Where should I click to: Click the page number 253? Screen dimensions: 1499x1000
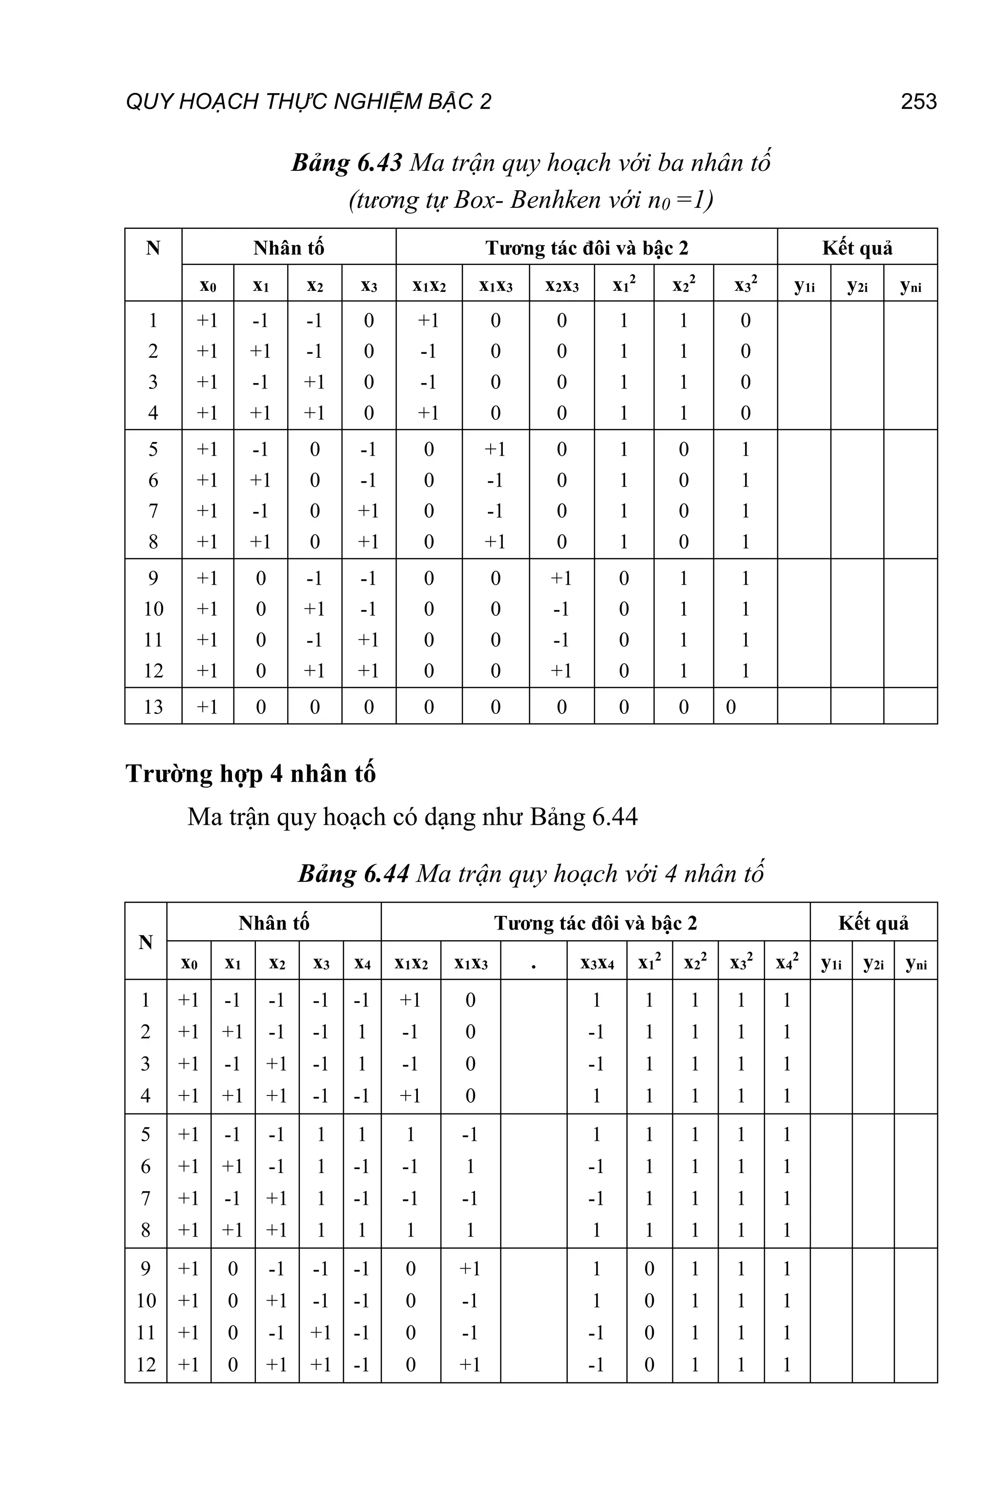tap(918, 101)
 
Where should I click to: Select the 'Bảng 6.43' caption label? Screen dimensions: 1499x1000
tap(346, 163)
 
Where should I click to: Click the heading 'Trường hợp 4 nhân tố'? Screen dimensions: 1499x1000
tap(250, 774)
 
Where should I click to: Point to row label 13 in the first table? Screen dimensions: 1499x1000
tap(153, 706)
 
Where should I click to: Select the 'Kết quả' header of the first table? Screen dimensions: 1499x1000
tap(856, 247)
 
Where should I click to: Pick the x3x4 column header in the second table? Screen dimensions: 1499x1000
tap(597, 963)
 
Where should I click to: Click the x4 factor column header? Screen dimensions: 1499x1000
tap(362, 963)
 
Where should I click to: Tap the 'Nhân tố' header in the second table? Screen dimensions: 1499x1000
tap(273, 922)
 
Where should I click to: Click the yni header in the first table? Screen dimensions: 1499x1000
tap(910, 285)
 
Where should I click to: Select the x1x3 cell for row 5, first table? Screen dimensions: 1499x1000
tap(495, 449)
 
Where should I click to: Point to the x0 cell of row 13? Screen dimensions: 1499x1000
tap(207, 706)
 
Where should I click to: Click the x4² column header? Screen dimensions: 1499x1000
tap(787, 962)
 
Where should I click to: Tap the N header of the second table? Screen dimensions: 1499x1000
tap(146, 941)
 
